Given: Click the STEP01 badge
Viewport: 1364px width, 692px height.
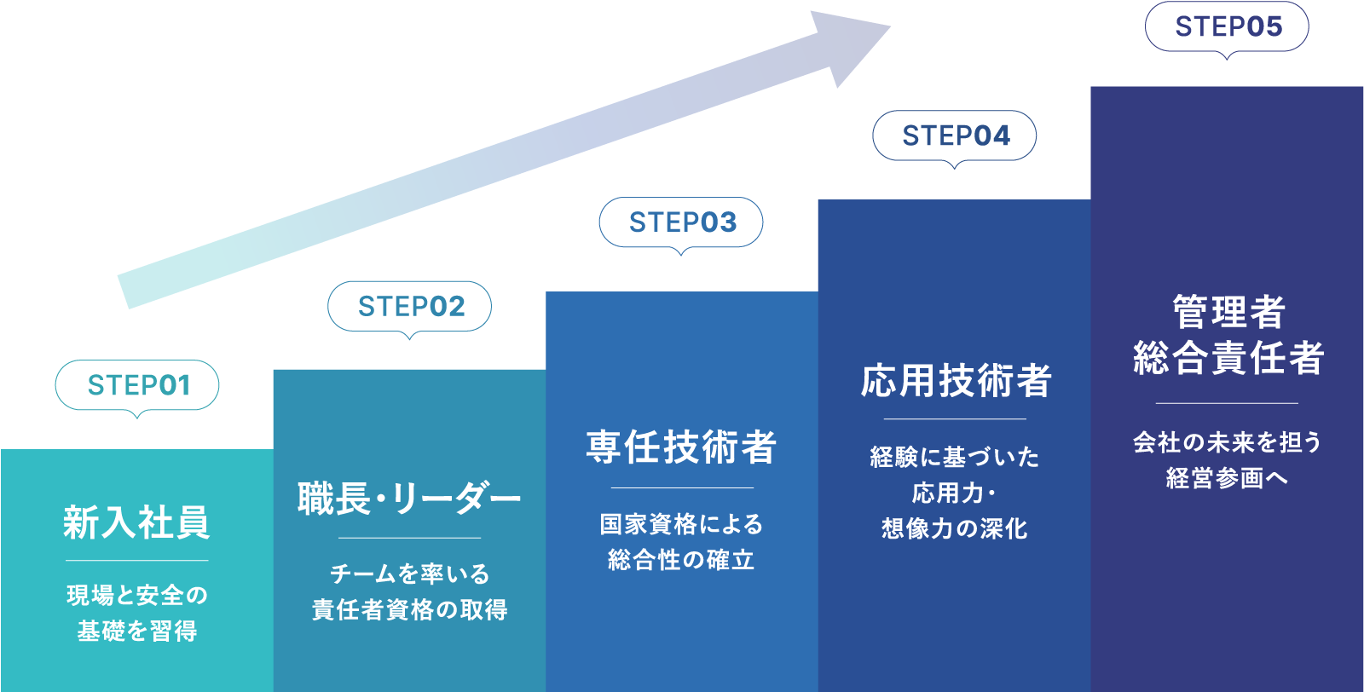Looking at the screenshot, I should [137, 385].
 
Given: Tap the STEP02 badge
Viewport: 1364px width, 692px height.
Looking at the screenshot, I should [410, 306].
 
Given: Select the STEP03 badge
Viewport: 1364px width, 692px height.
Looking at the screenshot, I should [681, 222].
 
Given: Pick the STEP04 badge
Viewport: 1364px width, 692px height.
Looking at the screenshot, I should [955, 136].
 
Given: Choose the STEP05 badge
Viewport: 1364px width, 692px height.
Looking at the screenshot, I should [1227, 26].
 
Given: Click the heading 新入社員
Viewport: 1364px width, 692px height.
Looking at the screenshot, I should [136, 522].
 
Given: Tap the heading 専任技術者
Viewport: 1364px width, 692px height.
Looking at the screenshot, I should [681, 447].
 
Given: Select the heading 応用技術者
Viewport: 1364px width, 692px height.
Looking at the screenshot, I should [956, 380].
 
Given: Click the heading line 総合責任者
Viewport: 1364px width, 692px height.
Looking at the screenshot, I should [1228, 358].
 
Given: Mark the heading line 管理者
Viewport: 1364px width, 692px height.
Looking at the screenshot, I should [1228, 312].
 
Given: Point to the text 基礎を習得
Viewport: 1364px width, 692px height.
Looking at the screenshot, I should [137, 631].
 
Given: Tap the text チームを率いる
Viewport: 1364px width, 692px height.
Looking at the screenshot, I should [410, 574].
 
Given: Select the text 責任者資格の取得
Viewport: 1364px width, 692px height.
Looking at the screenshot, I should [410, 609].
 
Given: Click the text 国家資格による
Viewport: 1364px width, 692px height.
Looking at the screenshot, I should [681, 524].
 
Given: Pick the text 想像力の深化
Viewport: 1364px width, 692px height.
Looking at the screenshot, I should [955, 528].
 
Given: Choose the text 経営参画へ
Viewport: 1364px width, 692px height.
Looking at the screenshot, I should [1227, 478].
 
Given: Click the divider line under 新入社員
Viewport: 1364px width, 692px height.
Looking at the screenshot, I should [137, 560].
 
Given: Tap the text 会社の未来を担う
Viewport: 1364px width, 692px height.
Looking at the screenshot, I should [1227, 442].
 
